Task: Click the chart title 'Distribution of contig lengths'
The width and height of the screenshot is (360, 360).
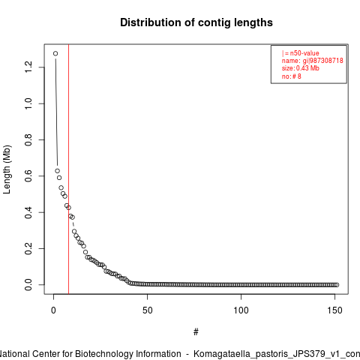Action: tap(196, 22)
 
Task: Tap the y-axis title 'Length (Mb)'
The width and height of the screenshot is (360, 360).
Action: tap(7, 169)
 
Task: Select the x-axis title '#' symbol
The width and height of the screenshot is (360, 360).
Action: tap(196, 332)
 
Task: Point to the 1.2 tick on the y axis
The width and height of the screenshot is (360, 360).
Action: tap(28, 67)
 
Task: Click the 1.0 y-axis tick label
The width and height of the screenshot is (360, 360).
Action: tap(28, 103)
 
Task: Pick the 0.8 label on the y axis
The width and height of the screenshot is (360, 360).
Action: tap(28, 139)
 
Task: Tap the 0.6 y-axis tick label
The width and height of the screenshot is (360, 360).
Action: tap(28, 176)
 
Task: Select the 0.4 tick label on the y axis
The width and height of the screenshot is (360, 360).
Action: tap(28, 212)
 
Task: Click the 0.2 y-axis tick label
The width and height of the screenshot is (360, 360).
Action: tap(28, 248)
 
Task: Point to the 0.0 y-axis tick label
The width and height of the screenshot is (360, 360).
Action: tap(28, 285)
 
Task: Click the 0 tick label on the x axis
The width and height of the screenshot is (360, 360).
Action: tap(53, 310)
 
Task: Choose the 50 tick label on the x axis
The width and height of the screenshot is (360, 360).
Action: tap(148, 310)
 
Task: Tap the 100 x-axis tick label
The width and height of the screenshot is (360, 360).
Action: tap(241, 310)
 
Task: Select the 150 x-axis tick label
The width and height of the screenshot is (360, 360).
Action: tap(334, 310)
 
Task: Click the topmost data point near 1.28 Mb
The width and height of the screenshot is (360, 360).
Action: tap(55, 53)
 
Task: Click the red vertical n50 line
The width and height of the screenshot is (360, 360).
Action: tap(68, 169)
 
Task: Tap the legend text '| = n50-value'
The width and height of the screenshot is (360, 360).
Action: tap(301, 53)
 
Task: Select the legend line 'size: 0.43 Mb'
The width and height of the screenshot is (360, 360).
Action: tap(301, 68)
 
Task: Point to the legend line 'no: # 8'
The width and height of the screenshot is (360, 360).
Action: tap(292, 76)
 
